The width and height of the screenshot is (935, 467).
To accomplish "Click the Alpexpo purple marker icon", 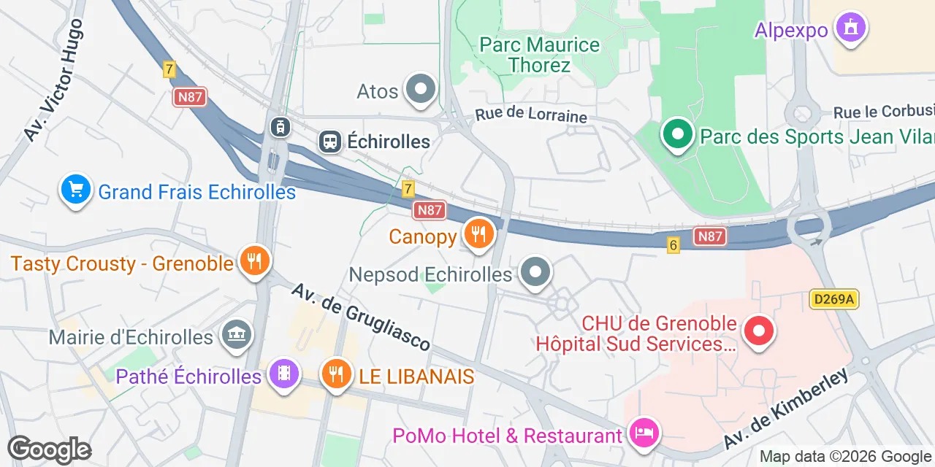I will click(x=850, y=28).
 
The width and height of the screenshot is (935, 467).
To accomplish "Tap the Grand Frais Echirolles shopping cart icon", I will click(x=76, y=190).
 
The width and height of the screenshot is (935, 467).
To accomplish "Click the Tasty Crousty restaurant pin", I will click(x=254, y=261).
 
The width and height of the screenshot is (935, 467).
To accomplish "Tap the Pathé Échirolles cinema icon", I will click(x=283, y=374).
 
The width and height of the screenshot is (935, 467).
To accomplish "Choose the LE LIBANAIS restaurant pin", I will click(x=336, y=374).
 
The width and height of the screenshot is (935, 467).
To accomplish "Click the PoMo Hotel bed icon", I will click(x=644, y=433).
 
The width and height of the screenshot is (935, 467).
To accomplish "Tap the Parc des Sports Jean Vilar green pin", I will click(x=678, y=134).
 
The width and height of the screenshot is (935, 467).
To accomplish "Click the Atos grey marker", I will click(x=420, y=90).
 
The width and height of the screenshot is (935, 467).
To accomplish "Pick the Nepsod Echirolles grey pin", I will click(x=535, y=273).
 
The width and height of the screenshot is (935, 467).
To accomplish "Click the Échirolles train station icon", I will click(x=330, y=141).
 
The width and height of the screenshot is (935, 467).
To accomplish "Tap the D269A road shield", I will click(x=833, y=298).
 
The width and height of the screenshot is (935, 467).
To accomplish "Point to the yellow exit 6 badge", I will click(x=673, y=245).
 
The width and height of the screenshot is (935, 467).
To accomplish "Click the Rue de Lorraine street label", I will click(x=531, y=115).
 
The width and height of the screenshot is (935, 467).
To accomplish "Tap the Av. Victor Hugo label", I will click(x=53, y=80).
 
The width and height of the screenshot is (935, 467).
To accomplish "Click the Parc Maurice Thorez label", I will click(x=540, y=55).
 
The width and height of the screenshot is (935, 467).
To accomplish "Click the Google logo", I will click(x=49, y=450).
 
